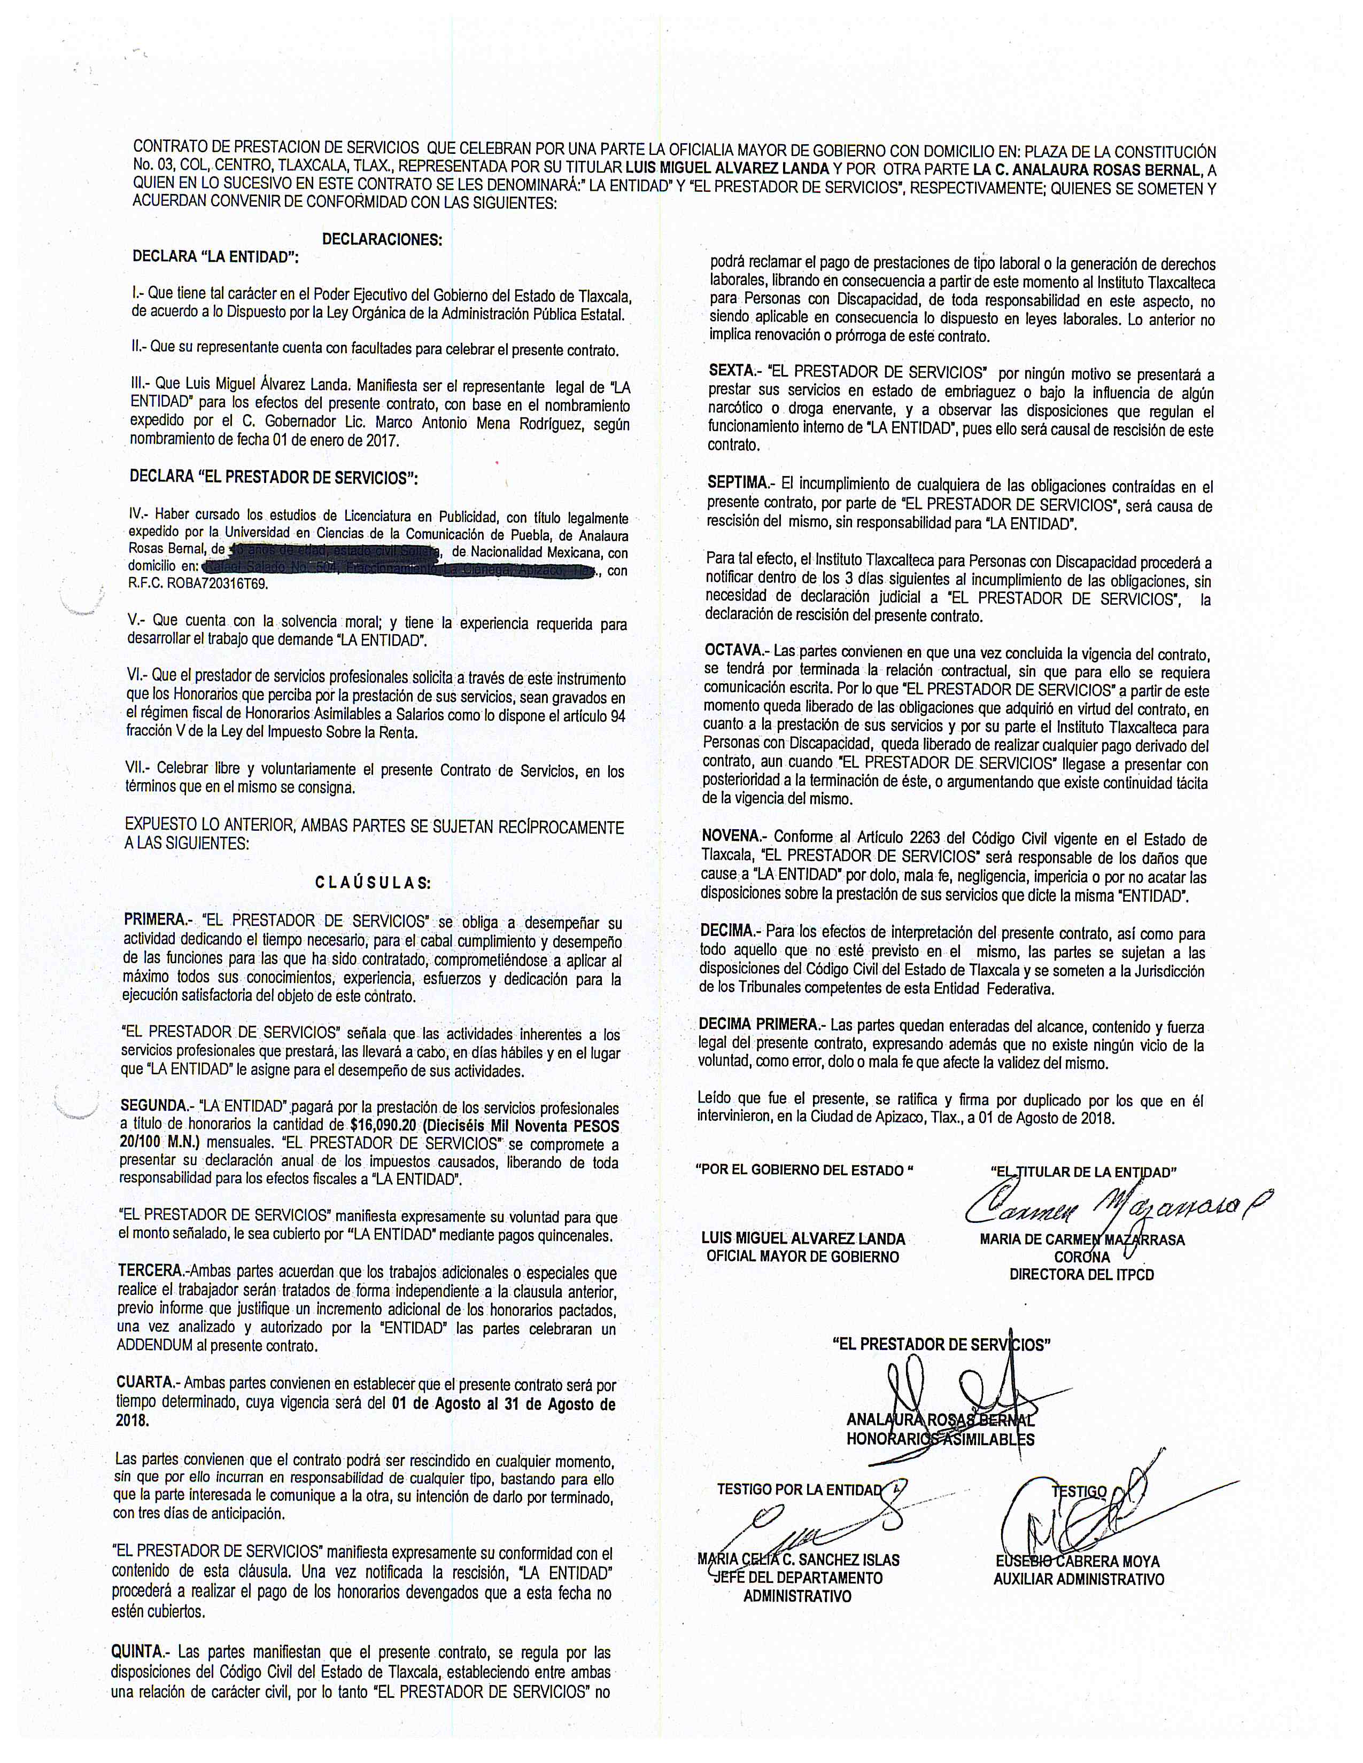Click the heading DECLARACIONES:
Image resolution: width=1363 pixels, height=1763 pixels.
[382, 240]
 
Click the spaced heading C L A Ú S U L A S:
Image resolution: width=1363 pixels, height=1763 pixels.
[373, 883]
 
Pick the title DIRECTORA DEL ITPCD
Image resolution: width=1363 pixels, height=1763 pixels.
[1081, 1275]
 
